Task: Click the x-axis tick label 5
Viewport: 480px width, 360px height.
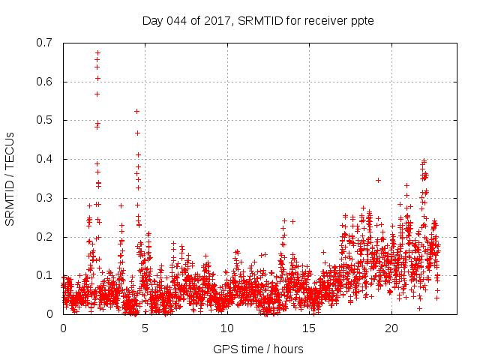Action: coord(145,328)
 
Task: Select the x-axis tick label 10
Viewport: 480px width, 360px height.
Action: coord(227,328)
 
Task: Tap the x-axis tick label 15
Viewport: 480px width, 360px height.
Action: coord(310,328)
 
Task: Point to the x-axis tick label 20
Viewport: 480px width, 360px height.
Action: coord(391,328)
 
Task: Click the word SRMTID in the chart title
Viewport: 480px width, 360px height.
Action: coord(256,20)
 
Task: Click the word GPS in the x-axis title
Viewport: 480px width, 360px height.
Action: coord(224,349)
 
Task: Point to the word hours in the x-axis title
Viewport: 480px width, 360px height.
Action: coord(289,349)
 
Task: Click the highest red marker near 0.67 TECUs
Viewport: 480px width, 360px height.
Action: coord(97,53)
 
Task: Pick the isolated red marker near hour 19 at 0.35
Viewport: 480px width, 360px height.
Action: coord(378,180)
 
